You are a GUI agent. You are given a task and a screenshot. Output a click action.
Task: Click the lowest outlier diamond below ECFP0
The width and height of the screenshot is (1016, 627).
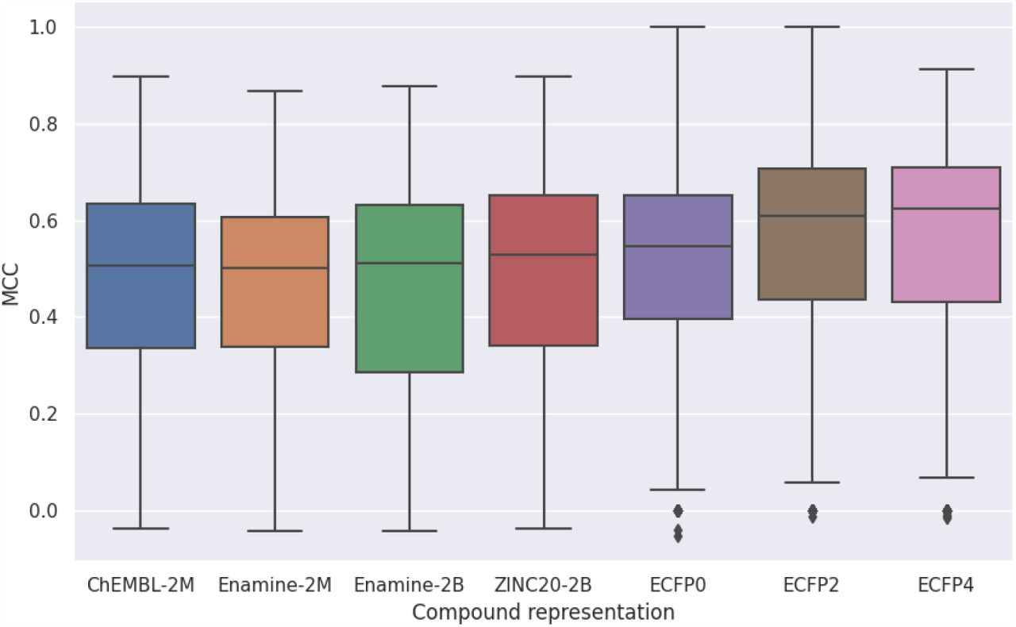678,537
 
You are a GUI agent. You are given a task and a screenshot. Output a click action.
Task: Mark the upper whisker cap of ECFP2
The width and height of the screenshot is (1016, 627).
812,27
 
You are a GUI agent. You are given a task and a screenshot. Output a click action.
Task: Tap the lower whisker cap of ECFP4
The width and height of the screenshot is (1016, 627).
946,478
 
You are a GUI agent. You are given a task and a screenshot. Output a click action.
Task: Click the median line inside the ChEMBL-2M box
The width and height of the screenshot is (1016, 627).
140,266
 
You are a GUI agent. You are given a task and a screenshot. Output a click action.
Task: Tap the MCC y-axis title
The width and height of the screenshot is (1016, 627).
10,293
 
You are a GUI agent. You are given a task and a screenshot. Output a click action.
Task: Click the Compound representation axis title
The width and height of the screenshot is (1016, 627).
543,613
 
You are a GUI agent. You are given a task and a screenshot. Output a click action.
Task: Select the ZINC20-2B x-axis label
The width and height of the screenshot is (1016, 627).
543,586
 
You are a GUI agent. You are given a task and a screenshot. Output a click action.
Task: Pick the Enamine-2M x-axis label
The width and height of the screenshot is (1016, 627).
275,586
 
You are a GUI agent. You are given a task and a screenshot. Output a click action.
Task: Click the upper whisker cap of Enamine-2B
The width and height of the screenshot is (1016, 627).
409,86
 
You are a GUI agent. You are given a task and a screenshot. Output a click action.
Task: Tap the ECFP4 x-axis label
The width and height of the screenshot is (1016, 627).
946,586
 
